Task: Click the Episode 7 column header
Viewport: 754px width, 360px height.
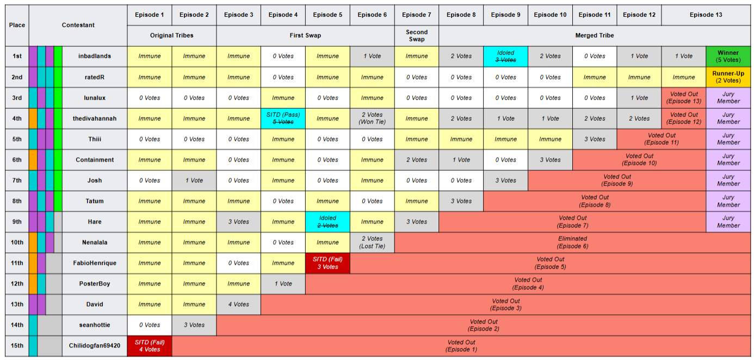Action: (416, 15)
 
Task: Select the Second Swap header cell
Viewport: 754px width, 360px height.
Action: (416, 36)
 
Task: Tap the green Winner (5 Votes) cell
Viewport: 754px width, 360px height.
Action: (728, 56)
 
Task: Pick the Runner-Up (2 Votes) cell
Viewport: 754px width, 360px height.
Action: (728, 77)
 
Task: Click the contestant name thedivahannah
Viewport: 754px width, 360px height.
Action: (95, 119)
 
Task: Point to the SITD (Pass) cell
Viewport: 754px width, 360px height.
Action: (283, 119)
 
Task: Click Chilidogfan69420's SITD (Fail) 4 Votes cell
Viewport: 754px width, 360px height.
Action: (150, 346)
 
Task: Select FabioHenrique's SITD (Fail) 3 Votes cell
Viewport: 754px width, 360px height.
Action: (327, 263)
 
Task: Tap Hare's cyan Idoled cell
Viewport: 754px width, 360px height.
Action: (327, 222)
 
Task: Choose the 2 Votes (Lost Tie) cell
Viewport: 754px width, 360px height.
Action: (372, 242)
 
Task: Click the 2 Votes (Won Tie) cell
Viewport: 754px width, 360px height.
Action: (372, 119)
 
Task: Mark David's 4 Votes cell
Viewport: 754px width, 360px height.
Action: (239, 305)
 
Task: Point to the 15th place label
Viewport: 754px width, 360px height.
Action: (17, 345)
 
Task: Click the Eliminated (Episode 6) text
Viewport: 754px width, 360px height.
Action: (572, 242)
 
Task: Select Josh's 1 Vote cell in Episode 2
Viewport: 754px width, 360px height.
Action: (194, 181)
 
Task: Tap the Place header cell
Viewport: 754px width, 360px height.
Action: (17, 25)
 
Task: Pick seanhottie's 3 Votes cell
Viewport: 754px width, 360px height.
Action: (194, 325)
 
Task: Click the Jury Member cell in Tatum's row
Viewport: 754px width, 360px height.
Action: (728, 201)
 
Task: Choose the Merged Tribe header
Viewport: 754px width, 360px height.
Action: (595, 36)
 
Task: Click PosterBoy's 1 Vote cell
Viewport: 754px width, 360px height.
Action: (283, 284)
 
